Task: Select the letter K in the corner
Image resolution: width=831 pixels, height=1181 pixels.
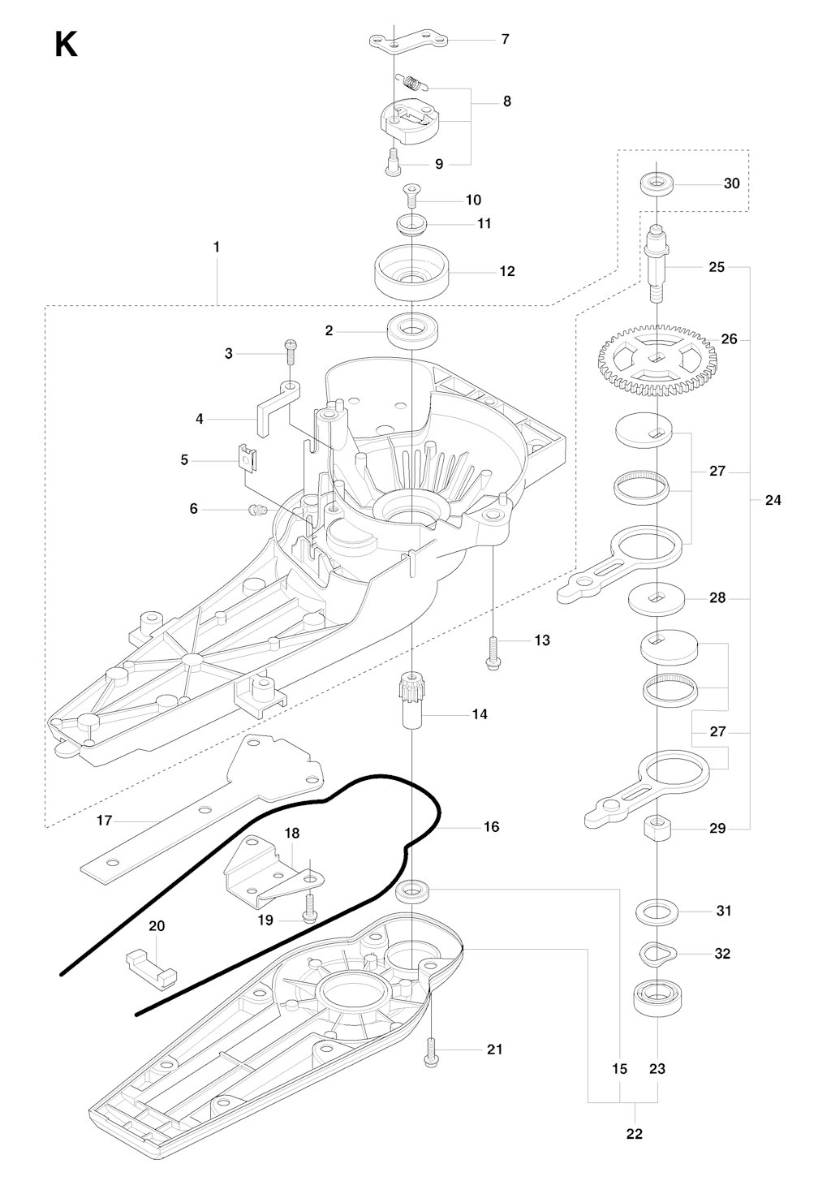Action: click(66, 45)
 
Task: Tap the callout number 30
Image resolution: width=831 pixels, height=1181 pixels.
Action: click(731, 183)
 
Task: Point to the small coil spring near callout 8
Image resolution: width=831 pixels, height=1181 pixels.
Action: click(411, 81)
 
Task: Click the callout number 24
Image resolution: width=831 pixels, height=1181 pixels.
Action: click(773, 500)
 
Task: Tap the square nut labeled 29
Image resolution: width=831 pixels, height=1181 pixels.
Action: click(656, 830)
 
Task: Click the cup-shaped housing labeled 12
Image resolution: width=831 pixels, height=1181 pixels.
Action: click(412, 273)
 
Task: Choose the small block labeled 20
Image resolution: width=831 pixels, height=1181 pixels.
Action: click(152, 965)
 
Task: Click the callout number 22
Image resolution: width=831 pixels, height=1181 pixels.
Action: click(634, 1134)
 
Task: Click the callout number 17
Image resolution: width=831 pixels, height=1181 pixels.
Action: click(104, 821)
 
